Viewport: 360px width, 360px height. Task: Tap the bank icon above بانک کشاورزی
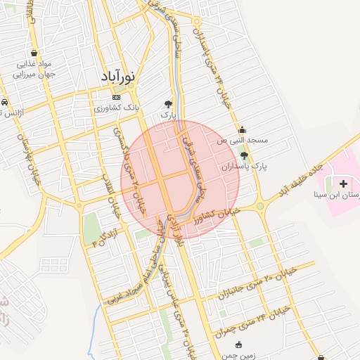coord(116,98)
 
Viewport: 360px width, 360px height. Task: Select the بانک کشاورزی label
coord(117,109)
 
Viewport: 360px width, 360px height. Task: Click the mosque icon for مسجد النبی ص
coord(243,129)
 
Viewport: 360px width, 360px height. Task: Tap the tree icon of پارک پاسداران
coord(243,155)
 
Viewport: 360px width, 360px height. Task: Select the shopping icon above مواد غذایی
coord(33,53)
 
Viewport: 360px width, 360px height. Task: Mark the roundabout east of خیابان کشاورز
coord(261,206)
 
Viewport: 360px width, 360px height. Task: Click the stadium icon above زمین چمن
coord(239,345)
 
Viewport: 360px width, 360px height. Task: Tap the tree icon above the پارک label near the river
coord(169,103)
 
